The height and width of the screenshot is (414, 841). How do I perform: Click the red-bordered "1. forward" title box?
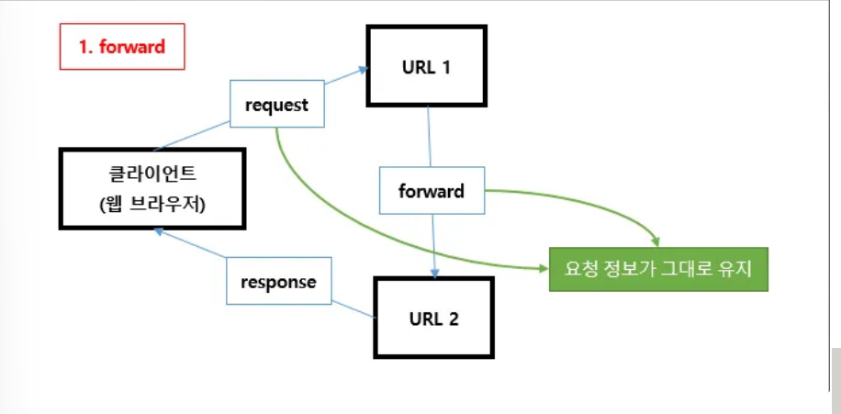click(x=122, y=47)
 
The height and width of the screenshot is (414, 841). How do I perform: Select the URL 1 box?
click(x=427, y=66)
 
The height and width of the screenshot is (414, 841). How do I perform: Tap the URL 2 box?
click(x=434, y=318)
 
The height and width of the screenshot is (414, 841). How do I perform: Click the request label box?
click(x=277, y=104)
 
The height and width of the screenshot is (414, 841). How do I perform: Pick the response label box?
click(x=279, y=281)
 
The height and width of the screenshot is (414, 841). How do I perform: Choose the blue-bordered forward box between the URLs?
click(x=432, y=190)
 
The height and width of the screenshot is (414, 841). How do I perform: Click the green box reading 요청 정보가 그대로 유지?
click(x=658, y=269)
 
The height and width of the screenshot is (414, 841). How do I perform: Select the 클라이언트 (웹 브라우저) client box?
click(x=152, y=189)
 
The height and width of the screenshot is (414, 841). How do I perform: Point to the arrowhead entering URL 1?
click(x=364, y=70)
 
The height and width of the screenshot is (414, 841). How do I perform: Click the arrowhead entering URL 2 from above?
click(x=435, y=273)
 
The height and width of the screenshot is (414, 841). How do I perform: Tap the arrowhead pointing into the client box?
click(x=158, y=231)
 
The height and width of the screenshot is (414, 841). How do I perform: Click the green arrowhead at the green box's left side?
click(x=544, y=268)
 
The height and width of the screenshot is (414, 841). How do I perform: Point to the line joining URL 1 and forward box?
click(x=429, y=137)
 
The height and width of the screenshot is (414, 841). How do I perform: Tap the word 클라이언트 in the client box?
click(x=152, y=173)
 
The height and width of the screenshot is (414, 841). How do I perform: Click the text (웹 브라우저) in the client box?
click(x=152, y=205)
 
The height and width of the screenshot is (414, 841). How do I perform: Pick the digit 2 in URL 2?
click(x=454, y=319)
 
